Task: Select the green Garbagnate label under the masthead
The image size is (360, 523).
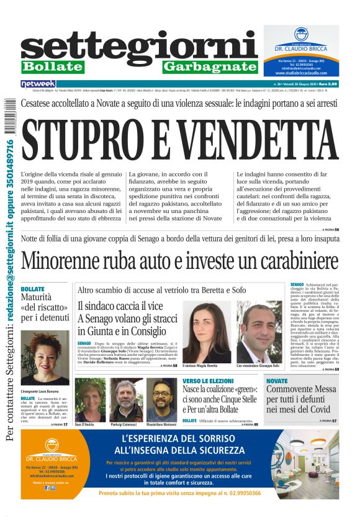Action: (210, 66)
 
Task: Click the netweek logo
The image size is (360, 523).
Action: (38, 83)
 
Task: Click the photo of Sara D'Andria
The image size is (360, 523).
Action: (89, 400)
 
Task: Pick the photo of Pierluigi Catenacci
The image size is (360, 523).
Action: (126, 400)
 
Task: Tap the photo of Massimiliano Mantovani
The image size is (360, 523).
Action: (161, 400)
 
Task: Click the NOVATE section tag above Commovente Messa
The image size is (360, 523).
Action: (277, 380)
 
